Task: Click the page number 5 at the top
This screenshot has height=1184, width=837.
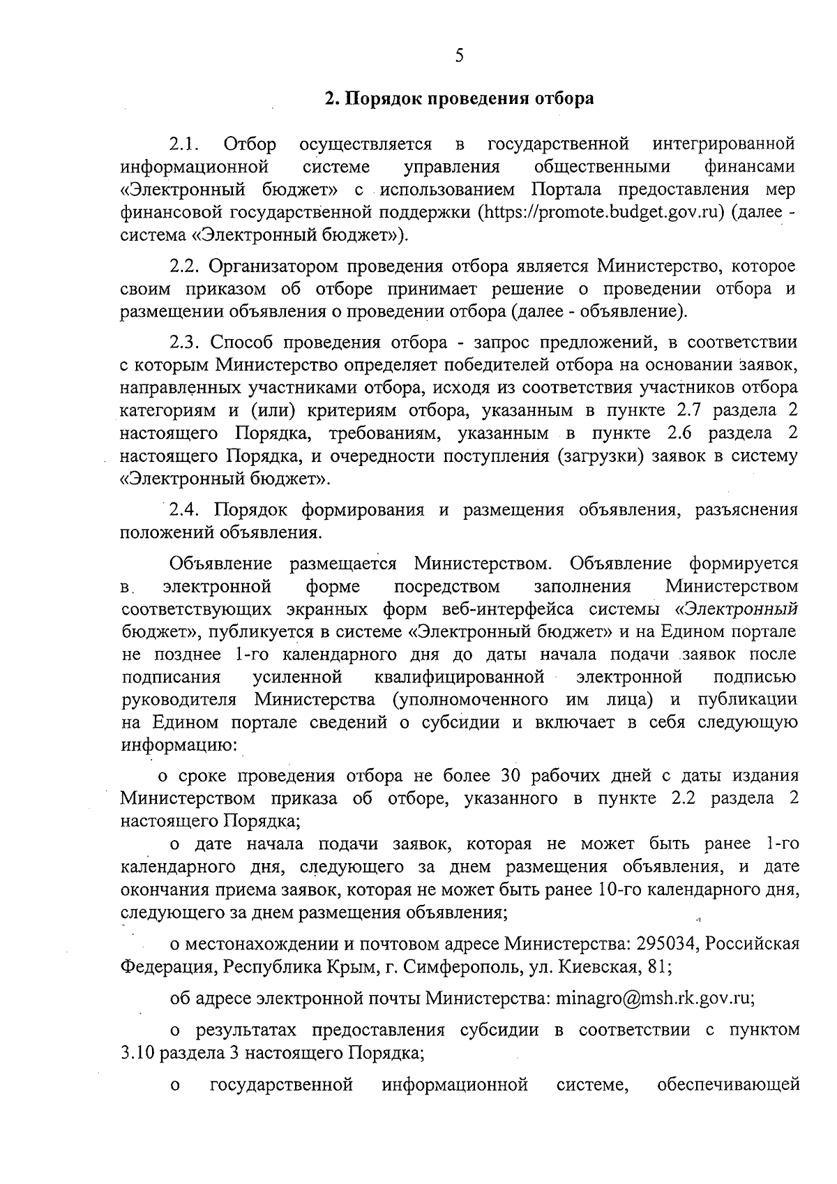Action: pyautogui.click(x=458, y=57)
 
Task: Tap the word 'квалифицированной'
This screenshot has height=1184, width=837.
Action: pyautogui.click(x=459, y=677)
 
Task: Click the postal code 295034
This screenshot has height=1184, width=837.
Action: pyautogui.click(x=665, y=945)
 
